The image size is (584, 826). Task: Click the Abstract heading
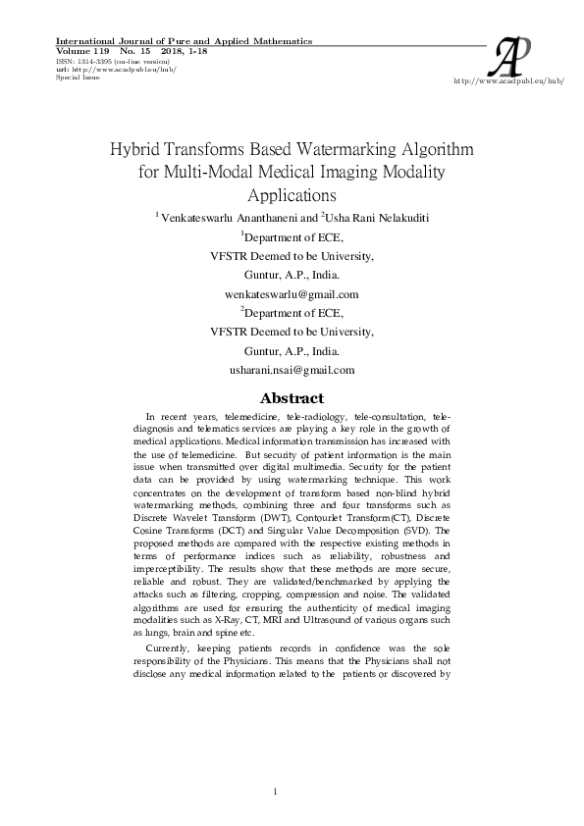[291, 398]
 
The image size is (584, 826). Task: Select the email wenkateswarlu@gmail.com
[291, 293]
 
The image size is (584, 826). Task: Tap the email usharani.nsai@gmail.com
[291, 370]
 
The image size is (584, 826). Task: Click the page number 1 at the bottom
[276, 792]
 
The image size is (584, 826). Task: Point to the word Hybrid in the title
[137, 151]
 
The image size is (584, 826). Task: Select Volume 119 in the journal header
[73, 50]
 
